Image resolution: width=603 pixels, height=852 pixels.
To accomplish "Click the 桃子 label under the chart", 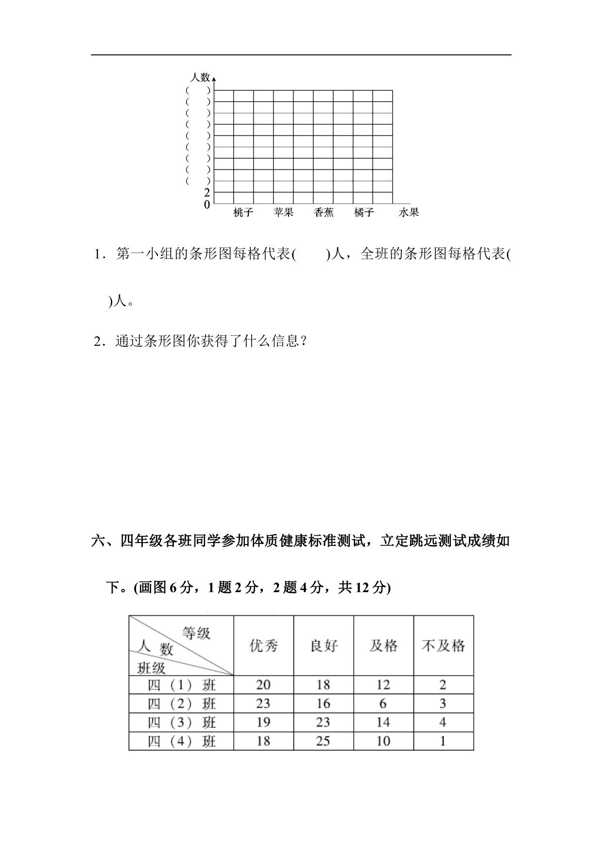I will point(243,212).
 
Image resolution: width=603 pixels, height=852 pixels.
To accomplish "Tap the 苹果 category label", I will point(283,212).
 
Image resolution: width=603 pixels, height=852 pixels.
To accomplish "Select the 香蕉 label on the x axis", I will point(324,212).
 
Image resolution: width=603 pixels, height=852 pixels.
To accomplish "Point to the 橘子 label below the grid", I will point(364,212).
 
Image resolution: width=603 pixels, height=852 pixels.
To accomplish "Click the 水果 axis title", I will point(409,212).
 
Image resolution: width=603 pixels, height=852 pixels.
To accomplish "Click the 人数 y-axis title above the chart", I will point(200,77).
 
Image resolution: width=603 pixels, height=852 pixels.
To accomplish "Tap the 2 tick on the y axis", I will point(207,192).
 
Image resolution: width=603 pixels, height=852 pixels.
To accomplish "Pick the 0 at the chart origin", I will point(207,205).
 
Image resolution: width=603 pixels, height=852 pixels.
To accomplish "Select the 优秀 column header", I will point(263,646).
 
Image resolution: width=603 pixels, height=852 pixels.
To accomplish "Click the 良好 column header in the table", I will point(323,646).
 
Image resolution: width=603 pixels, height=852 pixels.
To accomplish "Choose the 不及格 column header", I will point(443,646).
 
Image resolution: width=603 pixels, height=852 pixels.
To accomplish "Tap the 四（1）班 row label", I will point(181,685).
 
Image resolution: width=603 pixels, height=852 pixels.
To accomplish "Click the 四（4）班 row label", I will point(181,741).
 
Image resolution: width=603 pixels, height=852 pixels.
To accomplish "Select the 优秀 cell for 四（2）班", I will point(263,704).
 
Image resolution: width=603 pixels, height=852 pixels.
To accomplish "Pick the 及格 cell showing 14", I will point(383,722).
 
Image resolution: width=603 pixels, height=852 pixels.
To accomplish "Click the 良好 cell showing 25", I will point(323,741).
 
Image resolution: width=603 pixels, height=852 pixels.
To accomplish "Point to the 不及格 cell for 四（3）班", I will point(443,722).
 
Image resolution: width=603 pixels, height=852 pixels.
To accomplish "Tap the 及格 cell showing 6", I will point(383,704).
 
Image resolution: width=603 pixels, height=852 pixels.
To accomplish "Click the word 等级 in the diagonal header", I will point(196,633).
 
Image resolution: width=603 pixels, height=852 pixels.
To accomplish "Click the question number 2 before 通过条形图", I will point(97,341).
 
